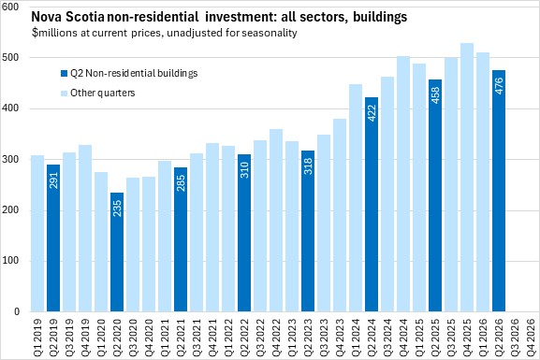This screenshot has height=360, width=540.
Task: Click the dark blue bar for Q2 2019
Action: coord(53,238)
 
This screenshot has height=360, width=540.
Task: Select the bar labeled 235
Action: coord(117,252)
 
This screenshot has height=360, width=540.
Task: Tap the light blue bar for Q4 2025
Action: coord(467,178)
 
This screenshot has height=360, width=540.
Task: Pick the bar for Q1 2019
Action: coord(37,234)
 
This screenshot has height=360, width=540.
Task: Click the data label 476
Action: coord(499,86)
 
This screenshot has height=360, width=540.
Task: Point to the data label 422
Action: coord(372,113)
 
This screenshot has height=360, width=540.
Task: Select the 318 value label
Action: coord(308,166)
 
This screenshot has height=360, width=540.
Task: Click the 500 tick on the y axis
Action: coord(10,57)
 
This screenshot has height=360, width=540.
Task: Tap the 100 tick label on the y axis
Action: coord(10,261)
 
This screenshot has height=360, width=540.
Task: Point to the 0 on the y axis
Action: coord(16,311)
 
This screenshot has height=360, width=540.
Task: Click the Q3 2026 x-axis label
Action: coord(515,333)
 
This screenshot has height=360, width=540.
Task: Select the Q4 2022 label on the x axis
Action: coord(276,333)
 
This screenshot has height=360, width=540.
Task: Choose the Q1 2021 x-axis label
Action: coord(165,333)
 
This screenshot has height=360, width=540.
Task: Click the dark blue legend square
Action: coord(64,73)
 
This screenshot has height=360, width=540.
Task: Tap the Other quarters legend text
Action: coord(103,93)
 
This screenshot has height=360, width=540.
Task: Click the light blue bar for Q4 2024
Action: coord(403,184)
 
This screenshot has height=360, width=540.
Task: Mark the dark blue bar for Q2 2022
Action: coord(244,233)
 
